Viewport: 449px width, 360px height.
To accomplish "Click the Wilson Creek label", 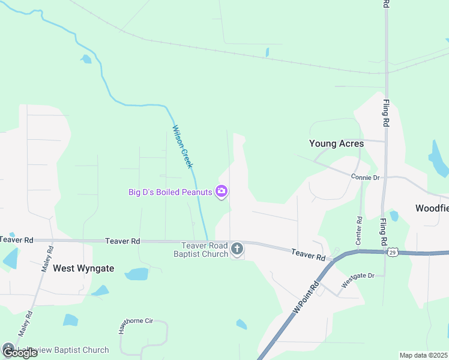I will [x=182, y=146].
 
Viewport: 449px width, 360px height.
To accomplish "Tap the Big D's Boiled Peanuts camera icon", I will [x=222, y=192].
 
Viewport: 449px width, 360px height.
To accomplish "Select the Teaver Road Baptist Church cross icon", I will [x=237, y=248].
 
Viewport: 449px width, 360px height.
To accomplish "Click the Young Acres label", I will [x=336, y=143].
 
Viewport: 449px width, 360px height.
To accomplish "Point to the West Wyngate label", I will [x=83, y=268].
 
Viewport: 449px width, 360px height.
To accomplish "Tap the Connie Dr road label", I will [x=365, y=177].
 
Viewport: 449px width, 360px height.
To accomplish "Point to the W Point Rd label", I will [x=305, y=298].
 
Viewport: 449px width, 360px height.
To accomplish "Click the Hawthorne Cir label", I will [x=136, y=322].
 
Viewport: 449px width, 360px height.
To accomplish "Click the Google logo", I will [x=19, y=352].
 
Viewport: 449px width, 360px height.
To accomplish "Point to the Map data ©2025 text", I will [x=423, y=355].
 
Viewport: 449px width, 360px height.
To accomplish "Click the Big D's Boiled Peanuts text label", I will [x=170, y=192].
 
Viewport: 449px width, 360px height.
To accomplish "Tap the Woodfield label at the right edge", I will [x=432, y=208].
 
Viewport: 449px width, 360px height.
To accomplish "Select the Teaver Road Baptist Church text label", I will [x=205, y=250].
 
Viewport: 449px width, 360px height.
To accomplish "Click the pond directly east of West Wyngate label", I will [x=137, y=274].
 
